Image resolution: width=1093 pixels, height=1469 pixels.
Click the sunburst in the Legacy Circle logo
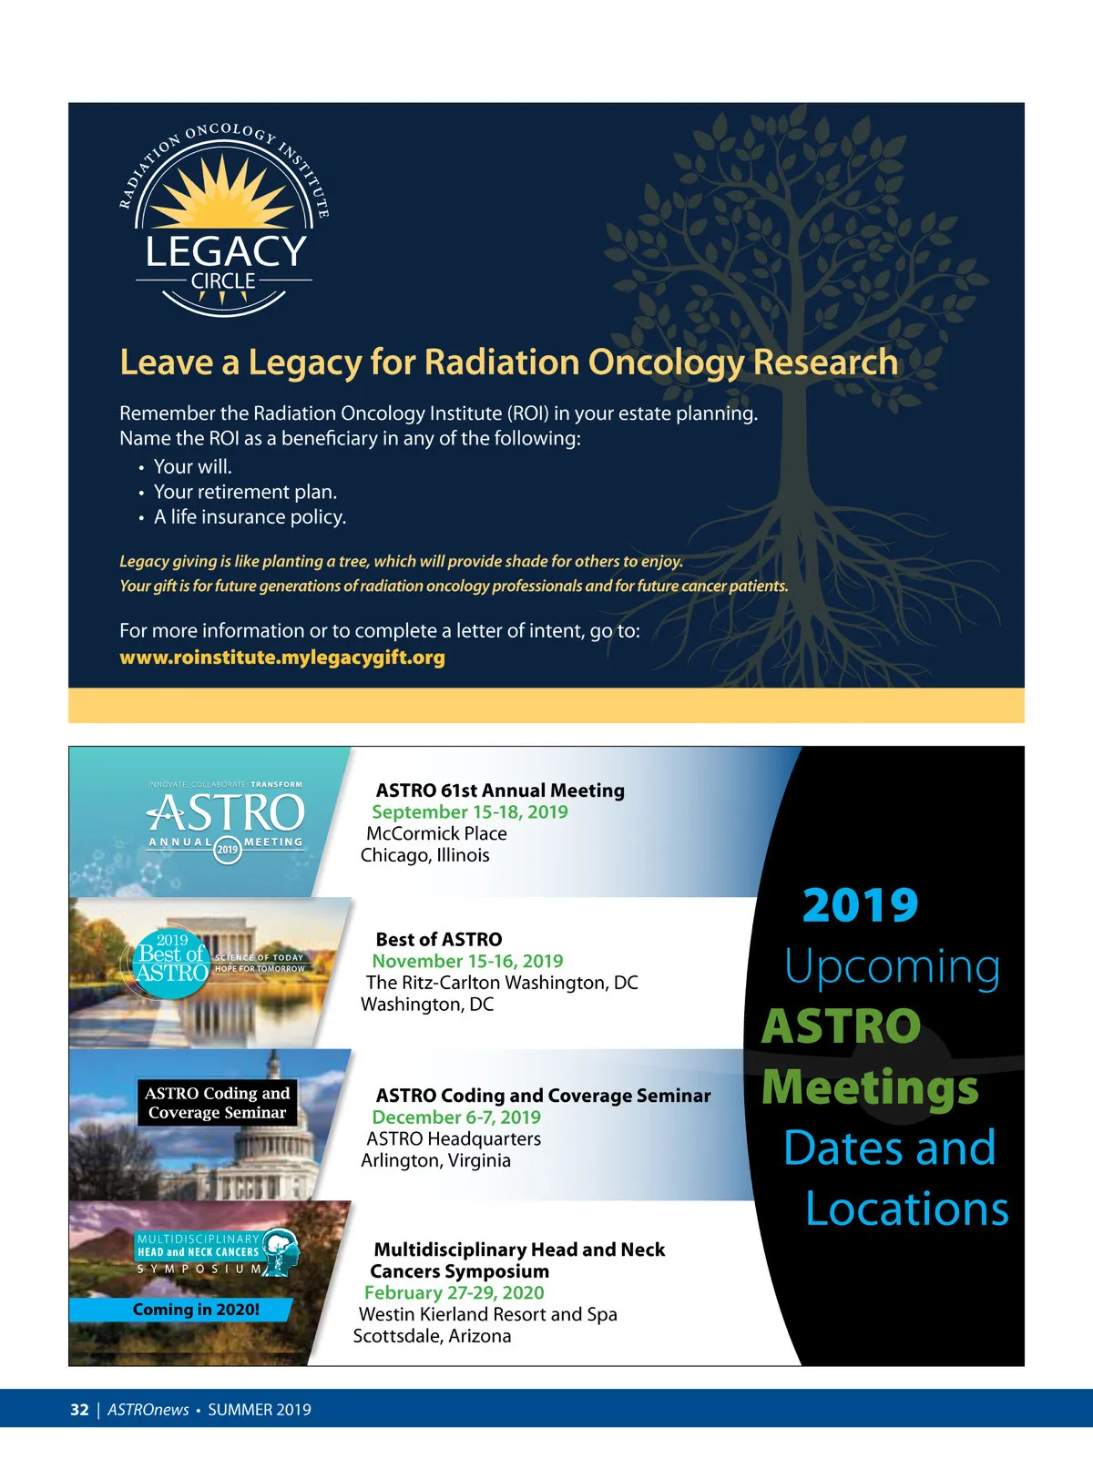[224, 193]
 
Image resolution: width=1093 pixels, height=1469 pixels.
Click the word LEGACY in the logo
[226, 251]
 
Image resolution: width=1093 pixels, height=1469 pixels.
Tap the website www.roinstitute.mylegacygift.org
[282, 658]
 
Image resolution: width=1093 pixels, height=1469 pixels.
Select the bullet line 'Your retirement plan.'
[245, 492]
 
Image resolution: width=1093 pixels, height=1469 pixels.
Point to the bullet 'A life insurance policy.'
[250, 517]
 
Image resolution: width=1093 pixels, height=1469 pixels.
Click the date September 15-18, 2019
[469, 812]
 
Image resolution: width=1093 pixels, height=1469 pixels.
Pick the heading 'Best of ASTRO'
[438, 940]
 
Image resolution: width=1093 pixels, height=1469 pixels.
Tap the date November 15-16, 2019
[467, 962]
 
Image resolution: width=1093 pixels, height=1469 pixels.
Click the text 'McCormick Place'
[436, 834]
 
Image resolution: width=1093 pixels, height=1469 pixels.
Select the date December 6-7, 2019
[456, 1117]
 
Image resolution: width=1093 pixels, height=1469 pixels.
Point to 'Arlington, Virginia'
[435, 1161]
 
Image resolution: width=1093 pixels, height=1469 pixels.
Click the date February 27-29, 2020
[454, 1293]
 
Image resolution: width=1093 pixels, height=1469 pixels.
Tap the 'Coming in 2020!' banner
[195, 1310]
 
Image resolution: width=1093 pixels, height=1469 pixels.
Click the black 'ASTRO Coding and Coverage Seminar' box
[217, 1103]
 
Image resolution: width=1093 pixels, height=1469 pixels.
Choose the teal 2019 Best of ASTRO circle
[171, 963]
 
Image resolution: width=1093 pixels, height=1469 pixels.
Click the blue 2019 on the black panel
[860, 906]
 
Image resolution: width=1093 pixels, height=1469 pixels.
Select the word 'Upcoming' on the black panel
[892, 967]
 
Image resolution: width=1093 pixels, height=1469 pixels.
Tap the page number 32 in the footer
[79, 1410]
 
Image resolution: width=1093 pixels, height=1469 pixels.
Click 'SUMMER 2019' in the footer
[260, 1410]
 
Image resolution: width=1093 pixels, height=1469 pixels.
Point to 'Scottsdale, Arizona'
[432, 1337]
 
